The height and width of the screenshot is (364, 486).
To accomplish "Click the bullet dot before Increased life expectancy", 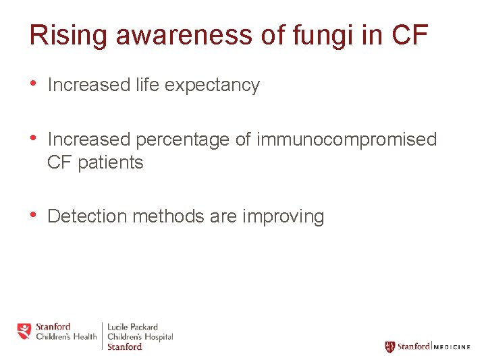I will pyautogui.click(x=34, y=84).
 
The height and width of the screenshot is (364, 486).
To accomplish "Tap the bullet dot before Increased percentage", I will pyautogui.click(x=34, y=138).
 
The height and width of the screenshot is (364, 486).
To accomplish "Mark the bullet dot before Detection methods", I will pyautogui.click(x=34, y=215).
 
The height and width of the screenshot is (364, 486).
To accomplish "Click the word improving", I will pyautogui.click(x=283, y=216).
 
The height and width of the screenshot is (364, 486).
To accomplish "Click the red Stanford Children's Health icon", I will pyautogui.click(x=24, y=332).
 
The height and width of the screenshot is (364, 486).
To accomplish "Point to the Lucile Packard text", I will pyautogui.click(x=133, y=328).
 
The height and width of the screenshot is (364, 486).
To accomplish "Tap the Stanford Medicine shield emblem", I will pyautogui.click(x=389, y=346).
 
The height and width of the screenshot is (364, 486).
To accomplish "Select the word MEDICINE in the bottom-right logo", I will pyautogui.click(x=452, y=347).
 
